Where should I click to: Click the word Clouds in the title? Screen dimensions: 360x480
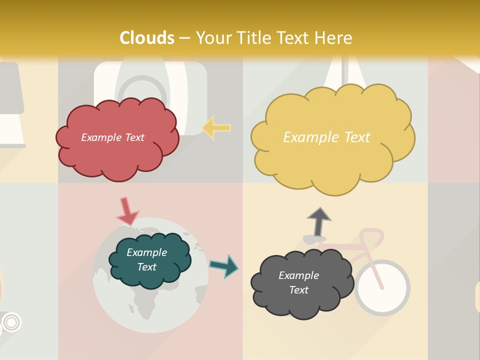coord(147,38)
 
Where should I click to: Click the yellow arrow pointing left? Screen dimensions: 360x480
coord(216,128)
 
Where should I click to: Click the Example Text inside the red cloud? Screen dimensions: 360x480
coord(112,137)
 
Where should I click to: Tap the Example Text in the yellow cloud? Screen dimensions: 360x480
coord(326,137)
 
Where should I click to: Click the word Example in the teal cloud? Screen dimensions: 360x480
coord(146,252)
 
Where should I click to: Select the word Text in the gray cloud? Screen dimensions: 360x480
coord(298,290)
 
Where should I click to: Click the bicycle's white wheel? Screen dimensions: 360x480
coord(381,287)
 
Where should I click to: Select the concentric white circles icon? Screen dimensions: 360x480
coord(13,322)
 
